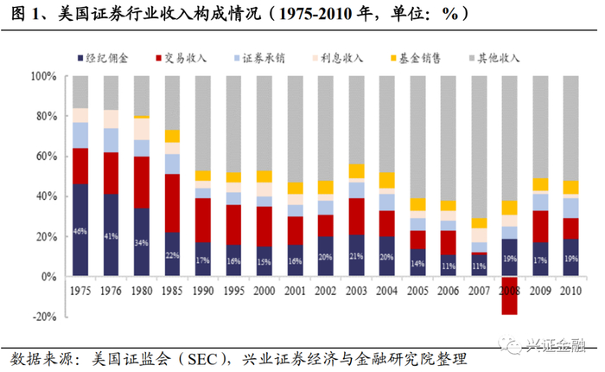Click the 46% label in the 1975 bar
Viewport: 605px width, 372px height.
(80, 232)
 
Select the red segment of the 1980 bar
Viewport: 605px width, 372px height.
(141, 182)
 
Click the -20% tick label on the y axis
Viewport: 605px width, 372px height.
(40, 317)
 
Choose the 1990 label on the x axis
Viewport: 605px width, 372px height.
(202, 291)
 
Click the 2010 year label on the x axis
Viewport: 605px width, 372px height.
(571, 291)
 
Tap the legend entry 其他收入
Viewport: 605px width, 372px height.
(492, 58)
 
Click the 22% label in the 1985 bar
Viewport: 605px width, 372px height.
(172, 256)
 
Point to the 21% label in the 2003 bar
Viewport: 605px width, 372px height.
(356, 257)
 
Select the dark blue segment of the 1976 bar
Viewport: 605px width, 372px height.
(111, 235)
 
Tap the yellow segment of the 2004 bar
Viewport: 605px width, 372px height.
(387, 181)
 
